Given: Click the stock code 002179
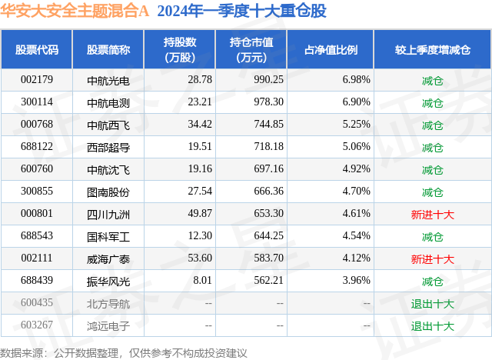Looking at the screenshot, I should click(x=37, y=79).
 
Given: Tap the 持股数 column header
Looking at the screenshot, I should click(x=179, y=50).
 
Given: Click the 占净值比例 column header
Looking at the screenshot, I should click(x=336, y=50).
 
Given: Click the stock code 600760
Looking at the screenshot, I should click(x=37, y=168).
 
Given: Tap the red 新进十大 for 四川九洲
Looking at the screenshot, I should click(x=433, y=213).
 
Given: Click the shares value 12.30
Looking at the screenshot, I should click(x=199, y=235).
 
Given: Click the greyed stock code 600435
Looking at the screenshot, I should click(x=37, y=302).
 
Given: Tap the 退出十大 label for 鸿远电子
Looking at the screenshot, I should click(x=433, y=325).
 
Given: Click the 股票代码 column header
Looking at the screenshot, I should click(x=37, y=50).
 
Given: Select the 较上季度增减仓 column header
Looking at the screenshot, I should click(x=433, y=50).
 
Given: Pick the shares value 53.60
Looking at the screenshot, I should click(x=199, y=258).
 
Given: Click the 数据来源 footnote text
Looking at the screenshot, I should click(x=123, y=352).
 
